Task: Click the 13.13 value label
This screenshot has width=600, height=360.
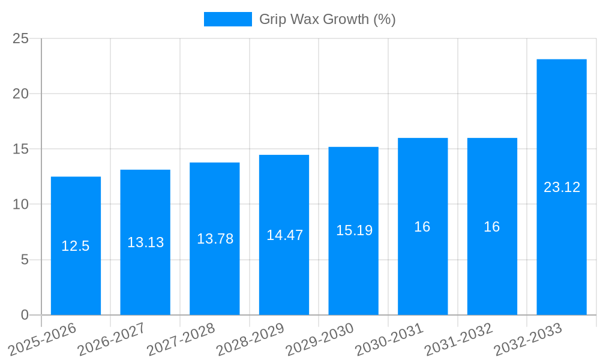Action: [145, 242]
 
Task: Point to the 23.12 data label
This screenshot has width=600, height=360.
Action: [562, 187]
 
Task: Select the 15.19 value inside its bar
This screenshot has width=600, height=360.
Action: [354, 230]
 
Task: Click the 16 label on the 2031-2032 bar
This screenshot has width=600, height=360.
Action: [491, 227]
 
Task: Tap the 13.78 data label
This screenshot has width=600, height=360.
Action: [215, 239]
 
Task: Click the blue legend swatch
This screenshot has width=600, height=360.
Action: [227, 19]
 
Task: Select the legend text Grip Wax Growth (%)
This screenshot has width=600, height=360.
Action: [327, 19]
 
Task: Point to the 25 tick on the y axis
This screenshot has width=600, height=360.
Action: [20, 38]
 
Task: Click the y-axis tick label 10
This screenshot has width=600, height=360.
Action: [20, 205]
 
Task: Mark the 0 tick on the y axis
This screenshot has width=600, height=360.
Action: [25, 315]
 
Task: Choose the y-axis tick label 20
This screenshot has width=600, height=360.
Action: [20, 94]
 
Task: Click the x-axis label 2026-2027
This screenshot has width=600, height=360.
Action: [112, 339]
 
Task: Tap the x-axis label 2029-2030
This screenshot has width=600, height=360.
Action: [320, 339]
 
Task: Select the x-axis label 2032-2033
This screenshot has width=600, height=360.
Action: [528, 339]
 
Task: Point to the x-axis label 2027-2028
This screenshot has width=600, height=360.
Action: [181, 339]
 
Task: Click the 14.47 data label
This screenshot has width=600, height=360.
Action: [284, 235]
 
